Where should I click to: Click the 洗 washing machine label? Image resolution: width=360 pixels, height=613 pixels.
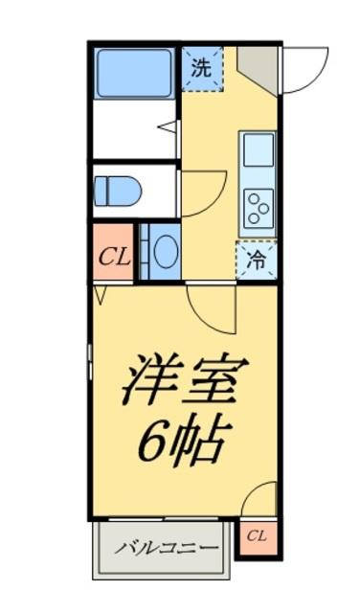tap(201, 67)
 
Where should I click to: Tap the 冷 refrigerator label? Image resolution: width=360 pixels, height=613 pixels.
tap(257, 259)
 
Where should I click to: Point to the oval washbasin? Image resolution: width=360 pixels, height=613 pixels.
tap(165, 251)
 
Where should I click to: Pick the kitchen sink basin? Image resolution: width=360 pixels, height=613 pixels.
tap(258, 150)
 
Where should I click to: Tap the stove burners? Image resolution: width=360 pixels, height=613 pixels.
tap(258, 206)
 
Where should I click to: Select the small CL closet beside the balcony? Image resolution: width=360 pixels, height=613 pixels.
tap(256, 537)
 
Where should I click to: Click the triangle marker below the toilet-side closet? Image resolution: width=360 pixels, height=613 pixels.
tap(101, 290)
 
